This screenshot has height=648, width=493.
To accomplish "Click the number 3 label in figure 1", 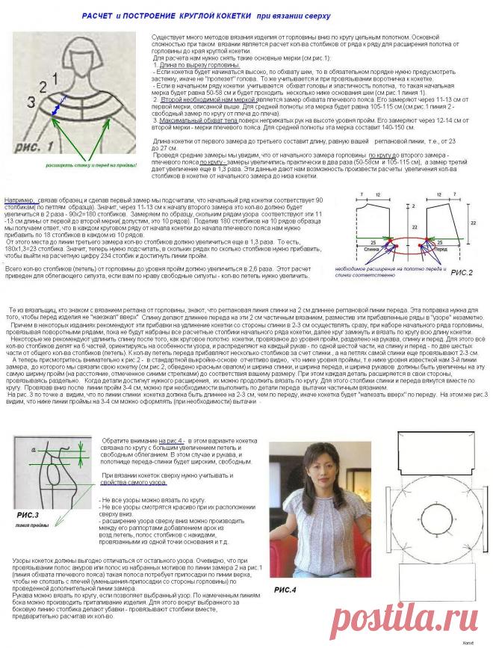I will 31,99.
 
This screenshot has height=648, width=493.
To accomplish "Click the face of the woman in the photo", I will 308,469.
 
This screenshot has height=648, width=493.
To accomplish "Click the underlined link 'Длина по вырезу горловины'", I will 197,65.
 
